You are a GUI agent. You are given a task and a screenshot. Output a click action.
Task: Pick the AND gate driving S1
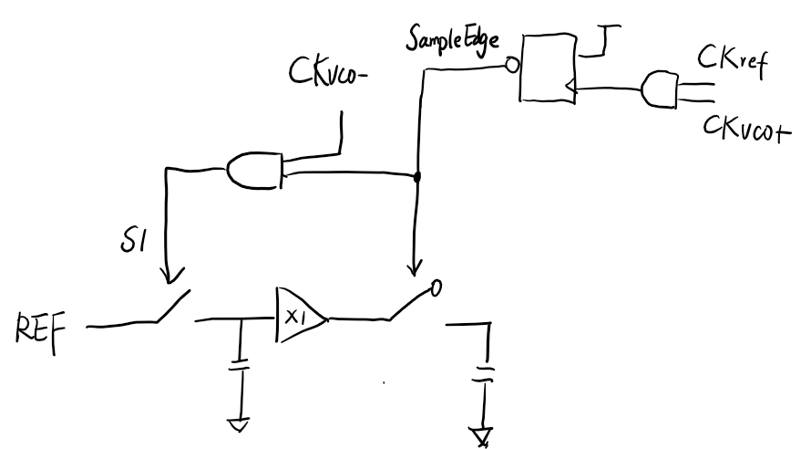255,168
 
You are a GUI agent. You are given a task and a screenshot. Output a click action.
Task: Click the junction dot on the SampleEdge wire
417,177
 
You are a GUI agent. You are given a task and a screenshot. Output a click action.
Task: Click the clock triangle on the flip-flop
570,89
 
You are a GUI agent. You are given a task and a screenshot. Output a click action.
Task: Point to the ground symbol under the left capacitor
238,422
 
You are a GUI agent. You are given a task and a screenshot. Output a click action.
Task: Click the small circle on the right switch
436,290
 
